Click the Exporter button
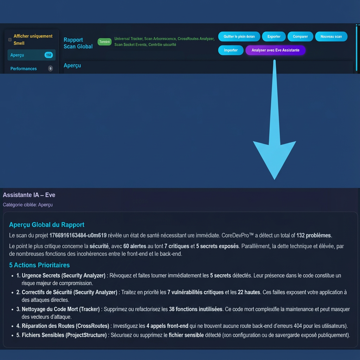[x=274, y=37]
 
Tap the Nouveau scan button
[x=331, y=37]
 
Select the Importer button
[x=231, y=50]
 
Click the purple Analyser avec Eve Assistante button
[x=275, y=50]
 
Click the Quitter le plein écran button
[x=239, y=37]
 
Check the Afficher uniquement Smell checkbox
[x=10, y=40]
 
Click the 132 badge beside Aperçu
[x=49, y=55]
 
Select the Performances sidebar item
[x=24, y=69]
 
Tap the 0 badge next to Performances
[x=50, y=69]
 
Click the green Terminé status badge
[x=104, y=42]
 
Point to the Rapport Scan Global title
[x=78, y=43]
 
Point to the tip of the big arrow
[x=274, y=179]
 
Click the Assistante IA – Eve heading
[x=29, y=195]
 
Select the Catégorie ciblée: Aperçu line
[x=28, y=205]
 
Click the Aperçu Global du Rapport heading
[x=47, y=225]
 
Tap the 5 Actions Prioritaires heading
[x=39, y=265]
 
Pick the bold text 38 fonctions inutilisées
[x=196, y=309]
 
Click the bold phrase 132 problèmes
[x=314, y=236]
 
